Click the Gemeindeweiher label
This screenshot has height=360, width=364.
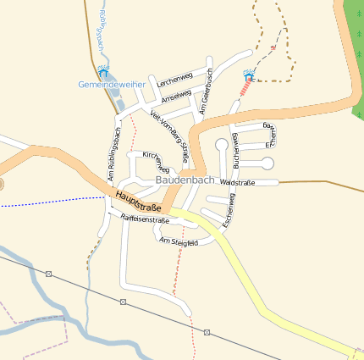(x=113, y=85)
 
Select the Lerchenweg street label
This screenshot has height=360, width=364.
(x=175, y=79)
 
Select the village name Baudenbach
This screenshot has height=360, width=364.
(x=185, y=180)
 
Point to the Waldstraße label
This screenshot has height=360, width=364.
(x=237, y=182)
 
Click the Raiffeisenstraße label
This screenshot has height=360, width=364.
(x=145, y=219)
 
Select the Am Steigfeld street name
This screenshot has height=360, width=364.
(x=179, y=242)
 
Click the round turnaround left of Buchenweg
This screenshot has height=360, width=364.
(x=222, y=144)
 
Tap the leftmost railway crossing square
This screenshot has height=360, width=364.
(x=49, y=274)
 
